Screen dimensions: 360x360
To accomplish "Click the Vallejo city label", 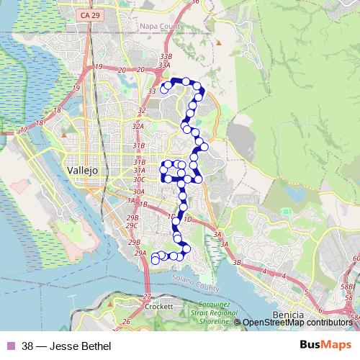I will click(x=81, y=170).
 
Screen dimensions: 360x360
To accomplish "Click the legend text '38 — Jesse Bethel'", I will click(x=66, y=346).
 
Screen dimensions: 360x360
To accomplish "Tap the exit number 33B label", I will click(x=166, y=55).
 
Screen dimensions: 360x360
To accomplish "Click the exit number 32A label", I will click(x=138, y=126).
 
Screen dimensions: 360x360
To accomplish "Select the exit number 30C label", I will click(x=139, y=179).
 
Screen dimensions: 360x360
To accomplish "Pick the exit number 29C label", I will click(x=132, y=225).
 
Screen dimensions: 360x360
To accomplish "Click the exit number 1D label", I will click(x=187, y=219).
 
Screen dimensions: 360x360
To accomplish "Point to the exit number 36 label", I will click(x=196, y=3).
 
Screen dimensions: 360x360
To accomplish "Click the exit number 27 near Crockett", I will click(x=148, y=296).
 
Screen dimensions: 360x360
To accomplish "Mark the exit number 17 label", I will click(x=24, y=130).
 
